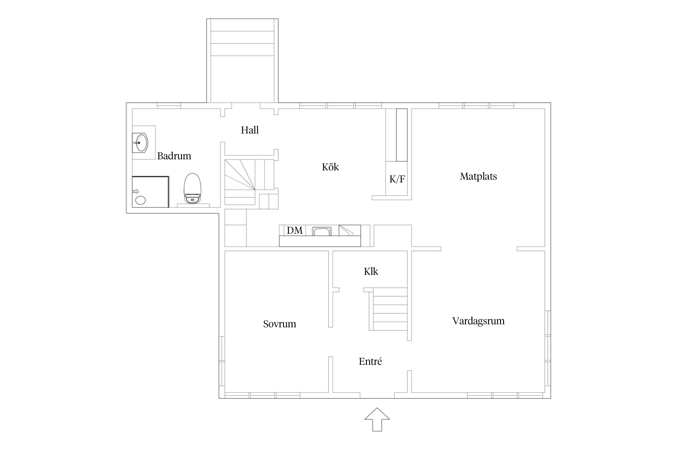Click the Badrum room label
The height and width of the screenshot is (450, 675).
click(174, 156)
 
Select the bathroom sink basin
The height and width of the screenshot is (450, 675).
click(142, 143)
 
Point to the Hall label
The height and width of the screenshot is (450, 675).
click(250, 130)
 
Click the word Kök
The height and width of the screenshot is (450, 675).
click(330, 167)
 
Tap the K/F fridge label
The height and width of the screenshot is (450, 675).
click(397, 179)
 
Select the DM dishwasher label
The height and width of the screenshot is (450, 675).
click(295, 230)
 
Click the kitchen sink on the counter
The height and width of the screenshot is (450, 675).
click(322, 232)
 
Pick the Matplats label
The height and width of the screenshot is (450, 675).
click(478, 176)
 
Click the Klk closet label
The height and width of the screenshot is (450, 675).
click(371, 271)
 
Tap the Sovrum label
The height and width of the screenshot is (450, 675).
click(279, 324)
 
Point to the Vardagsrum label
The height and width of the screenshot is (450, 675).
click(478, 321)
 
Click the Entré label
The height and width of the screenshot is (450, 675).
click(370, 361)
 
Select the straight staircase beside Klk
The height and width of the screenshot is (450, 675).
click(389, 309)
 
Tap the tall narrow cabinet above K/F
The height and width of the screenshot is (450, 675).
click(402, 135)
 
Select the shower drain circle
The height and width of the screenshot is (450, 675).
click(140, 200)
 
